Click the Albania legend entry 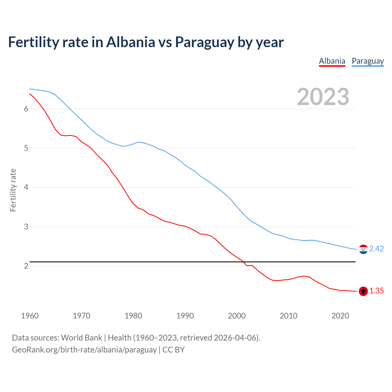point(332,61)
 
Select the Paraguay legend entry point(367,61)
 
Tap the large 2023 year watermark point(323,97)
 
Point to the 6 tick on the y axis point(26,109)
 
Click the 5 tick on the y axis point(26,148)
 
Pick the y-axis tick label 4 point(26,187)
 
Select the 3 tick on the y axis point(26,227)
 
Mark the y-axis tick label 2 point(26,266)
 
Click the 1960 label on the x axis point(30,316)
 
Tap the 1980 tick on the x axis point(133,316)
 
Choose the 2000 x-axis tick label point(237,316)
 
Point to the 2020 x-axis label point(340,316)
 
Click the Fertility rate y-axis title point(13,190)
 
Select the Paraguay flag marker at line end point(363,249)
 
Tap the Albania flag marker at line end point(363,291)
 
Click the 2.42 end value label point(376,249)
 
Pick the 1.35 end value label point(376,291)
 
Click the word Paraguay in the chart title point(204,42)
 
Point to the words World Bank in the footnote point(81,338)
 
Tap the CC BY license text point(173,350)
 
